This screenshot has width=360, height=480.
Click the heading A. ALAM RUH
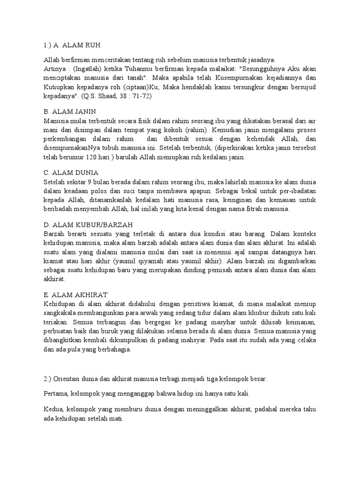[x=77, y=45]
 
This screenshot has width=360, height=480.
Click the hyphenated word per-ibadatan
[x=295, y=191]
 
